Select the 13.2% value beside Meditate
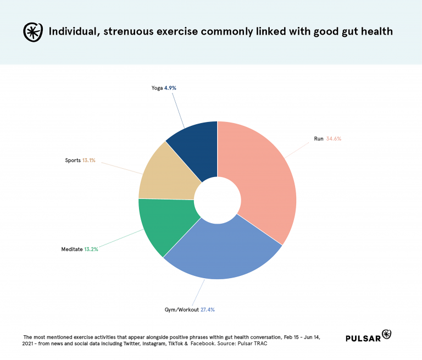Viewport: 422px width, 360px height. (91, 249)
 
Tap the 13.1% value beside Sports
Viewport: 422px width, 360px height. (88, 160)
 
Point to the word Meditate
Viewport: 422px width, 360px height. (71, 249)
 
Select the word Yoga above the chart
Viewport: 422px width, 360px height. (156, 88)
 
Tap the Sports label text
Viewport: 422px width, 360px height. (73, 160)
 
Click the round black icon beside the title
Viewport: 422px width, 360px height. (32, 32)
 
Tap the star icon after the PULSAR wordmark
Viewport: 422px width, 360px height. (386, 334)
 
